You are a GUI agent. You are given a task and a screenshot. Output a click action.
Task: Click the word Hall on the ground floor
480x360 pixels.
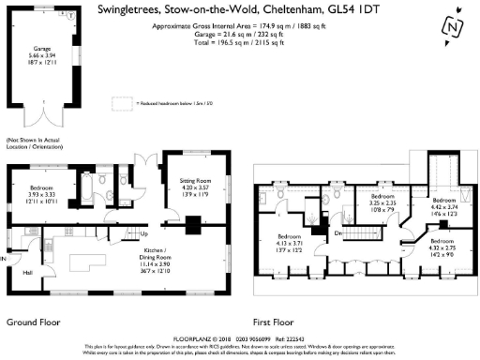pyautogui.click(x=27, y=273)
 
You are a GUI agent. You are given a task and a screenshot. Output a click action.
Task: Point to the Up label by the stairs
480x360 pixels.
pyautogui.click(x=144, y=233)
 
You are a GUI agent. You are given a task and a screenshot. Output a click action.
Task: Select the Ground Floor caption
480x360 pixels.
pyautogui.click(x=34, y=322)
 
